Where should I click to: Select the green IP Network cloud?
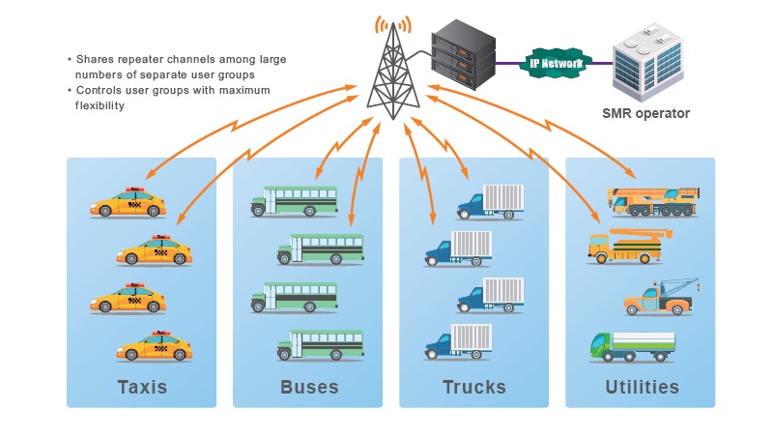556,64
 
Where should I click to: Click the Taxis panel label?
142,388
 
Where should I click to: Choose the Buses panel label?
309,388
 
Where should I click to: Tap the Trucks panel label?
474,388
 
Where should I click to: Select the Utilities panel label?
641,388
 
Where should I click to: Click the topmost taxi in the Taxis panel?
129,203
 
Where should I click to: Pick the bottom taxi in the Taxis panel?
155,347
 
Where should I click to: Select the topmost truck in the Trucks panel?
490,202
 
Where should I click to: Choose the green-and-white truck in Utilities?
632,345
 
